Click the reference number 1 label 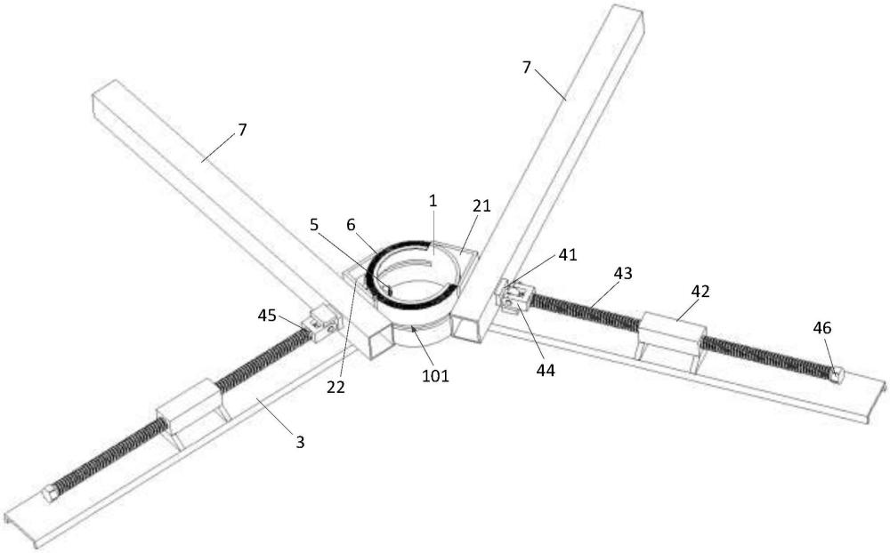(x=433, y=202)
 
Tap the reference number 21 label (x=481, y=206)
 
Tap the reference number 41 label (x=568, y=255)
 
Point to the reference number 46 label (x=821, y=328)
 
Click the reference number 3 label (x=301, y=440)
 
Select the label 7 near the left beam (x=242, y=130)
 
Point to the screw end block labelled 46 (x=836, y=374)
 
